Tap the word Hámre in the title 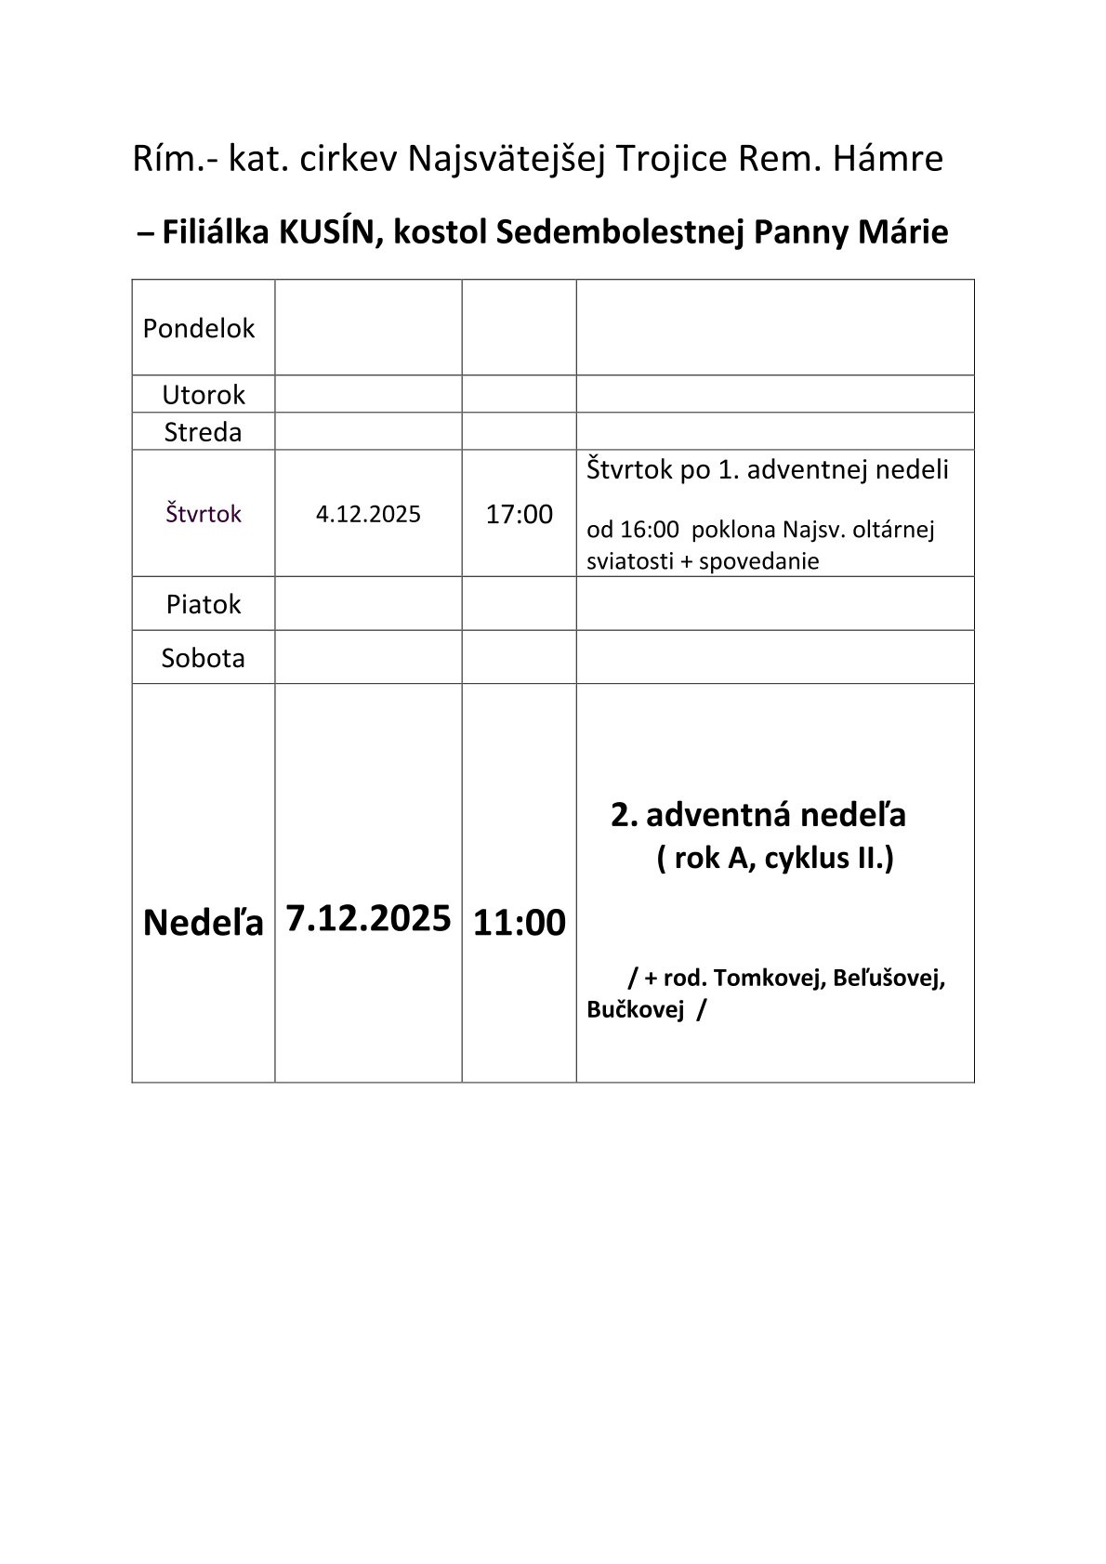coord(889,159)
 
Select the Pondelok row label coord(199,328)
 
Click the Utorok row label coord(204,394)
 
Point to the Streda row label coord(203,432)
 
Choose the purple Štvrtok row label coord(204,513)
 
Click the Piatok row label coord(204,604)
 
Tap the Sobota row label coord(204,658)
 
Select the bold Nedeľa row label coord(204,922)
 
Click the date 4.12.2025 coord(368,514)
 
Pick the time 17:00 coord(519,514)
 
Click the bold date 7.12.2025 coord(368,918)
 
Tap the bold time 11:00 coord(520,923)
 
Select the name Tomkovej coord(769,978)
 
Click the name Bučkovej coord(635,1009)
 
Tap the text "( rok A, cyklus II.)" coord(775,858)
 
